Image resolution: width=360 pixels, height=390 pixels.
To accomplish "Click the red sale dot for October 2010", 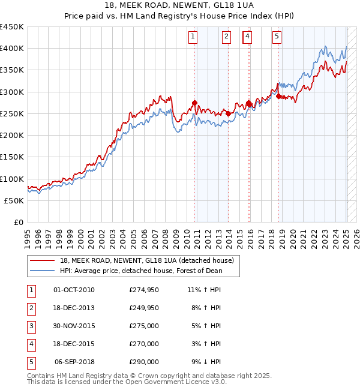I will tap(194, 103).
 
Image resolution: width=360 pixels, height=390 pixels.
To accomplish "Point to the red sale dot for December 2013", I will tap(229, 113).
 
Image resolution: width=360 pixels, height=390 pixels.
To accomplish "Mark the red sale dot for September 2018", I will tap(279, 96).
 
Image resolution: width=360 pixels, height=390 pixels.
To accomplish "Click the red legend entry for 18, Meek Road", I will tap(150, 260).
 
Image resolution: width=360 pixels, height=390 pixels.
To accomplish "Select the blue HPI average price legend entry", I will tap(140, 271).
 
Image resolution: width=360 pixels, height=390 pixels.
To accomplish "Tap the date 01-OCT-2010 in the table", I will tap(74, 290).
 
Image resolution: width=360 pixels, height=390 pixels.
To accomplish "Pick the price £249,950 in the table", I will tap(144, 308).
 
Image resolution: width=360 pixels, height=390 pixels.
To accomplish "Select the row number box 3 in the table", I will tap(31, 326).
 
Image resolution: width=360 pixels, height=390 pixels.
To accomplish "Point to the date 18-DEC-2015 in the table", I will tap(74, 344).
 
